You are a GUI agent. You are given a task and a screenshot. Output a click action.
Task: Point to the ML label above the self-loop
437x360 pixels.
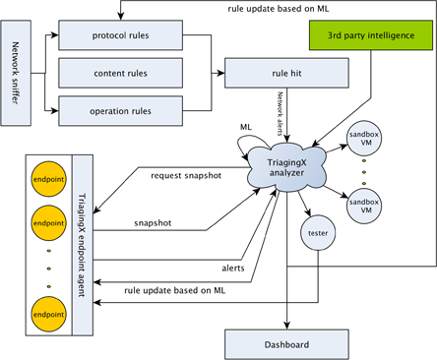[247, 127]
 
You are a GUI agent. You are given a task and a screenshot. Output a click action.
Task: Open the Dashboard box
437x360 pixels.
[285, 344]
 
